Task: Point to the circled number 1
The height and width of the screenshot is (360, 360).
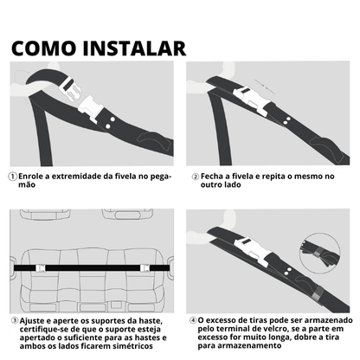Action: pos(12,176)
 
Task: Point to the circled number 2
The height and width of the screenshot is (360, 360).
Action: pos(192,176)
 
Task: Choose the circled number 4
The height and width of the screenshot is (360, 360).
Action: pos(192,319)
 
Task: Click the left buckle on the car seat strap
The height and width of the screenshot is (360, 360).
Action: pos(39,268)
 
